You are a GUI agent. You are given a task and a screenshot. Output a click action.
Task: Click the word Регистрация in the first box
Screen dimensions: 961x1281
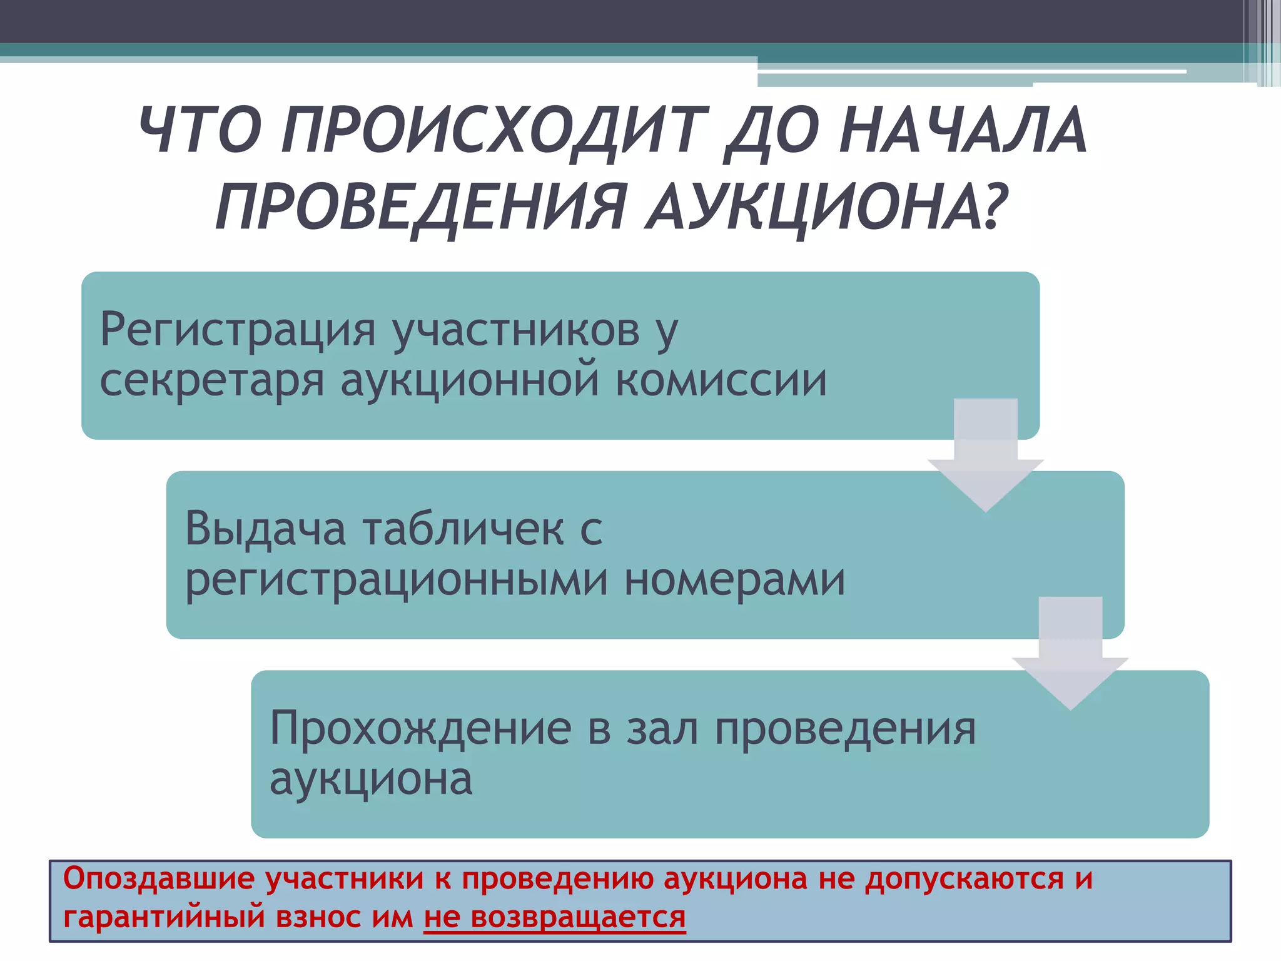(x=238, y=330)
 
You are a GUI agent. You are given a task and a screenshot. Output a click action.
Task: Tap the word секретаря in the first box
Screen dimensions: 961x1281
(x=212, y=381)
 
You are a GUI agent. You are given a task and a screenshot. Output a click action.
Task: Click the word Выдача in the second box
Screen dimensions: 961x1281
(x=265, y=529)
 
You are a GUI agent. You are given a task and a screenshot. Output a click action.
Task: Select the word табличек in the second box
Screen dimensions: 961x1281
(x=463, y=529)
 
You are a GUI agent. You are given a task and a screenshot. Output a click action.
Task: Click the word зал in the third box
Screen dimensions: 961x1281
(x=662, y=728)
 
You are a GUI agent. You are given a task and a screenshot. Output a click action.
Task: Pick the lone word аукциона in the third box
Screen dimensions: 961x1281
(x=371, y=780)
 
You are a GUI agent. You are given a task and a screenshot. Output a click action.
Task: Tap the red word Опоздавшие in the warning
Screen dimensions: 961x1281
(x=158, y=878)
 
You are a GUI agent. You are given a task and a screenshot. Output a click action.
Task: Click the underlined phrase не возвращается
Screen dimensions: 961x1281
(x=554, y=917)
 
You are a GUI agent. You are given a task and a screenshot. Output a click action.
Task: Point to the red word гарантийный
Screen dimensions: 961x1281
(x=164, y=918)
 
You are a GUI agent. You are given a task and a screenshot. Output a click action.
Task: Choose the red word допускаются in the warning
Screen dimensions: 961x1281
(x=964, y=878)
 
